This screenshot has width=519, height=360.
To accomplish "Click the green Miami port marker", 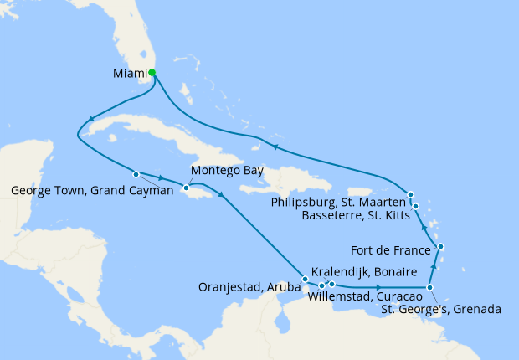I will [152, 72].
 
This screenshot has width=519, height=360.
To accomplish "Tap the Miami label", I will [130, 73].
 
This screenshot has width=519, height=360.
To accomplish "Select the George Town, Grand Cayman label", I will [92, 190].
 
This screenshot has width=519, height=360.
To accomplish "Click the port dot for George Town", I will [136, 174].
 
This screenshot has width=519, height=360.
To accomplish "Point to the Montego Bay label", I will [227, 171].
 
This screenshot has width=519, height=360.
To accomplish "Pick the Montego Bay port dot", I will [185, 188].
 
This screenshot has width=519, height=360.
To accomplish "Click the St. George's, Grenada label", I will [441, 309].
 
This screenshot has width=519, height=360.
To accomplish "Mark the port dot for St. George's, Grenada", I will [430, 288].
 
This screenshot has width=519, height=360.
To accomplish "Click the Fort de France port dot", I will [441, 247].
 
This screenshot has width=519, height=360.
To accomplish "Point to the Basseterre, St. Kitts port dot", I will [415, 206].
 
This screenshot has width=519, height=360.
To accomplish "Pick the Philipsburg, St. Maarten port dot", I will [411, 195].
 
